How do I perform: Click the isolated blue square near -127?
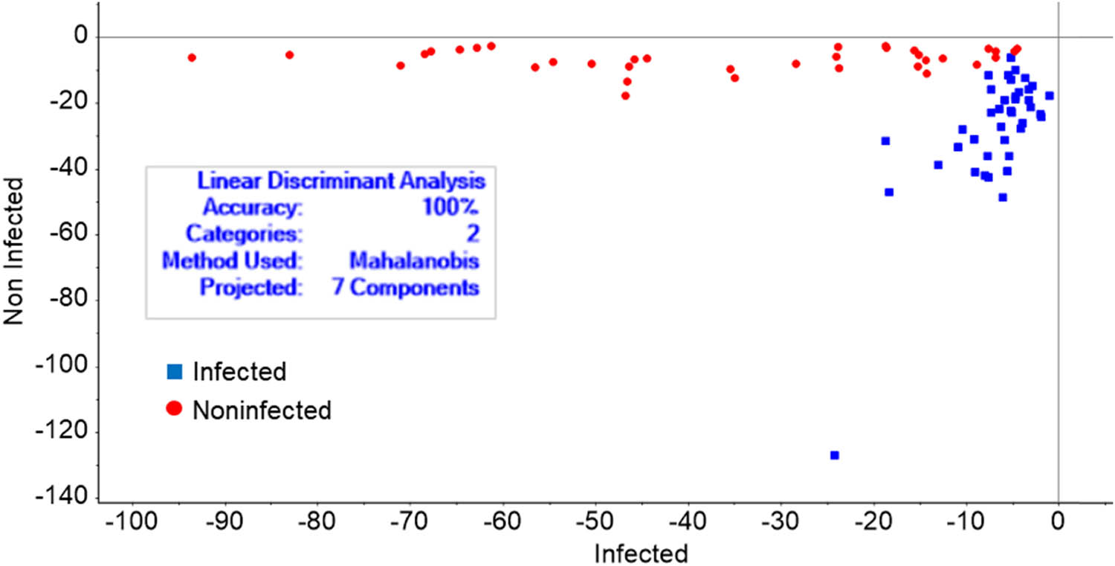click(x=835, y=455)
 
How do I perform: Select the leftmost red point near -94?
click(x=192, y=57)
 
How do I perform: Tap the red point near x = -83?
click(x=289, y=55)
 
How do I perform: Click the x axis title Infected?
click(x=640, y=553)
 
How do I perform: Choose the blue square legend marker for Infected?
click(x=175, y=370)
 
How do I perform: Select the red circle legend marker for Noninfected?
click(x=175, y=408)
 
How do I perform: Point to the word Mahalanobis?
click(x=414, y=260)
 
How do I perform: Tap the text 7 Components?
click(x=405, y=287)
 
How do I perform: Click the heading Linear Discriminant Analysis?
click(x=341, y=181)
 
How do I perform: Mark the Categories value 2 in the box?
click(x=473, y=234)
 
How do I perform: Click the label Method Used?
click(x=232, y=260)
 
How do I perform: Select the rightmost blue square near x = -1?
click(x=1049, y=95)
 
